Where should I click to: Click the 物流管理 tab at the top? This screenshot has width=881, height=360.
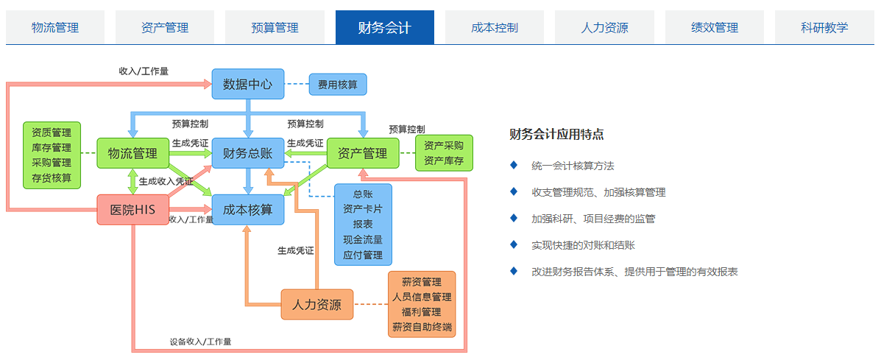click(55, 27)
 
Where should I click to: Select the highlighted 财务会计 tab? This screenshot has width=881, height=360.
click(385, 27)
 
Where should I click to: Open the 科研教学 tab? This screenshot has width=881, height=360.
click(824, 27)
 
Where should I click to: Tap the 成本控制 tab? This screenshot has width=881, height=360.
click(495, 27)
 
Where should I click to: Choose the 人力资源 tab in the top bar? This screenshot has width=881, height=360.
click(604, 27)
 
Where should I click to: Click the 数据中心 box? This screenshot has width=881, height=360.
click(248, 84)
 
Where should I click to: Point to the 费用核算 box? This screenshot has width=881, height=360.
click(338, 85)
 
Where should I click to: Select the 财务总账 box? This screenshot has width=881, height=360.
click(248, 153)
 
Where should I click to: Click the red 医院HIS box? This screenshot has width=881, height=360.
click(133, 210)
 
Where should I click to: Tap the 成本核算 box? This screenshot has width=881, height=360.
click(248, 210)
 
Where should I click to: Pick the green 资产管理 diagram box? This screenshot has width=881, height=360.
click(363, 153)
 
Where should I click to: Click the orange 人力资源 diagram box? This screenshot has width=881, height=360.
click(317, 305)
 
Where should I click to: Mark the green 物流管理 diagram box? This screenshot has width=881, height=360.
click(132, 153)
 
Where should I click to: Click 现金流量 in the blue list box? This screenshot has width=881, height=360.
click(363, 239)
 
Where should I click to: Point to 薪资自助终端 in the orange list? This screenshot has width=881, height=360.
click(422, 327)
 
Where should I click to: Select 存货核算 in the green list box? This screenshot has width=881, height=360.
click(52, 178)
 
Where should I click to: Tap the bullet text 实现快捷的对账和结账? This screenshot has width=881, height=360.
click(583, 245)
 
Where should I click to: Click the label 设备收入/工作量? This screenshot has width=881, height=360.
click(201, 341)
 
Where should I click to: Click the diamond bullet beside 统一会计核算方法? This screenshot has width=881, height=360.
click(513, 165)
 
